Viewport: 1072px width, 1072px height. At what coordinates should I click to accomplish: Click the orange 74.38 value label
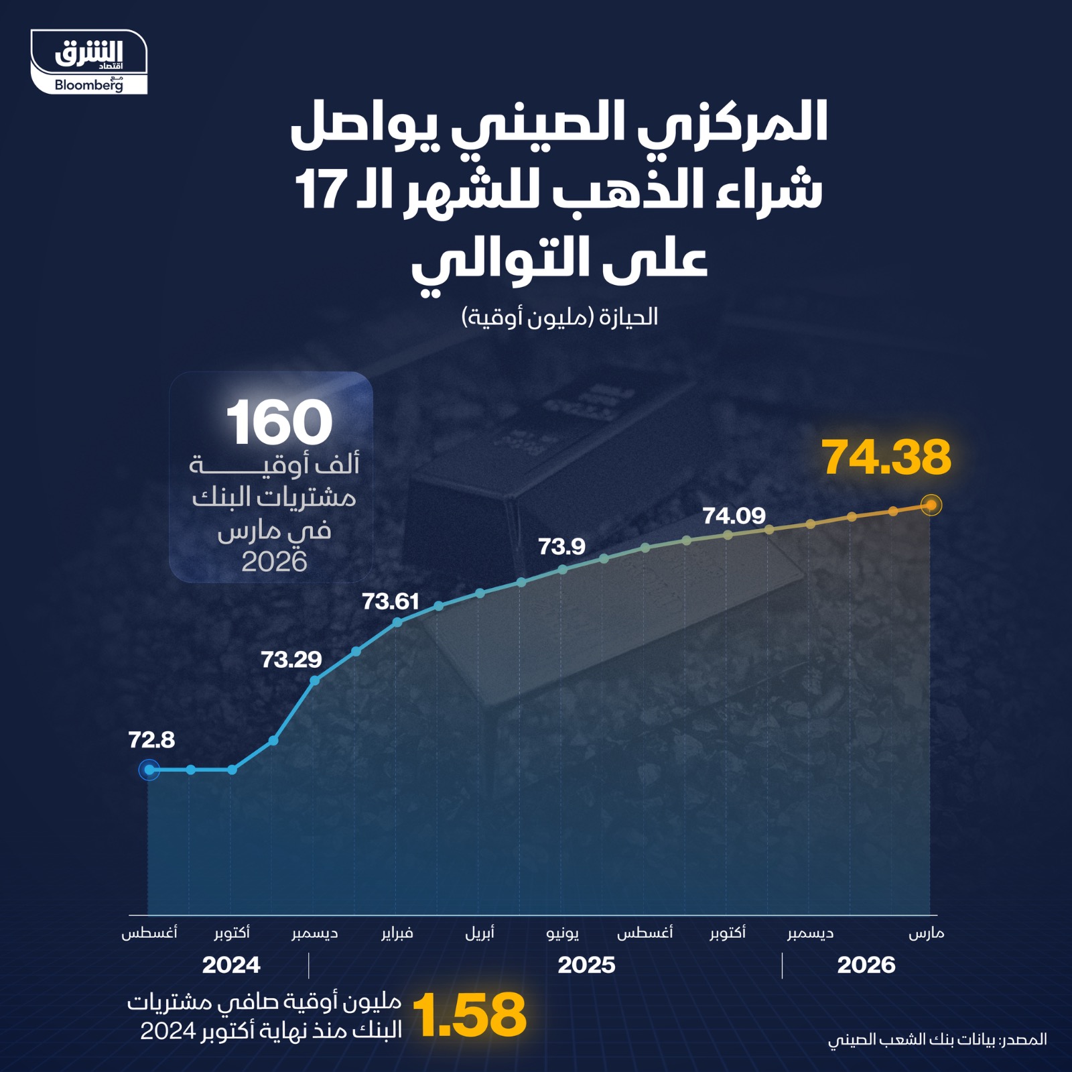point(886,458)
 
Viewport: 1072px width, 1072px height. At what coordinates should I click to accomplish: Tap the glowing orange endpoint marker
point(931,505)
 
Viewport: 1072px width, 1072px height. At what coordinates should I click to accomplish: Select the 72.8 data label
point(151,740)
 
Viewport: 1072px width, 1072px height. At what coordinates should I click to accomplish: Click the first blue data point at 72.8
point(149,770)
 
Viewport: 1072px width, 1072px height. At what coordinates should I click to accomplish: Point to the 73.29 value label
point(291,660)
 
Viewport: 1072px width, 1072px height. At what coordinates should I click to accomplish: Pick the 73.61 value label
point(391,601)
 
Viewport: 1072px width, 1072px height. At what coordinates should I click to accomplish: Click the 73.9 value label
point(561,547)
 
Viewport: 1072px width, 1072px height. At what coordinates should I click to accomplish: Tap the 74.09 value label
point(734,516)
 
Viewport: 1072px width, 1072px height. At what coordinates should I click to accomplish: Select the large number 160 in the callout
point(279,422)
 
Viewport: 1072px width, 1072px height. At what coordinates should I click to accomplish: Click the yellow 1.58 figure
point(470,1016)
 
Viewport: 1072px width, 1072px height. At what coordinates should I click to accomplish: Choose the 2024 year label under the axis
point(231,965)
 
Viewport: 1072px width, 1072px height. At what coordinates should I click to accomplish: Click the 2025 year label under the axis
point(586,965)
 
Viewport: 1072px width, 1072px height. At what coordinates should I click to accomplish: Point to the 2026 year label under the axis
point(866,965)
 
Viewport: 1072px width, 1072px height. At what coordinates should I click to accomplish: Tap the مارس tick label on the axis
point(926,933)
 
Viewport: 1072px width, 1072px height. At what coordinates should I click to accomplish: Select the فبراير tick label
point(397,933)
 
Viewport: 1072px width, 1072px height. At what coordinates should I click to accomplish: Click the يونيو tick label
point(563,933)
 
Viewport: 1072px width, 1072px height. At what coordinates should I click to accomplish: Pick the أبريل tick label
point(480,933)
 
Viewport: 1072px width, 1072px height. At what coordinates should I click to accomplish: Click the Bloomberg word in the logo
point(88,85)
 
